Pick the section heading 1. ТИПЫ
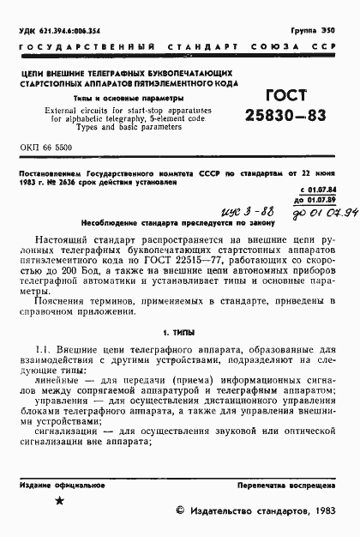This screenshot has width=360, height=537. (180, 331)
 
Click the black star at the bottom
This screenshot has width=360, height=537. (58, 502)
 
